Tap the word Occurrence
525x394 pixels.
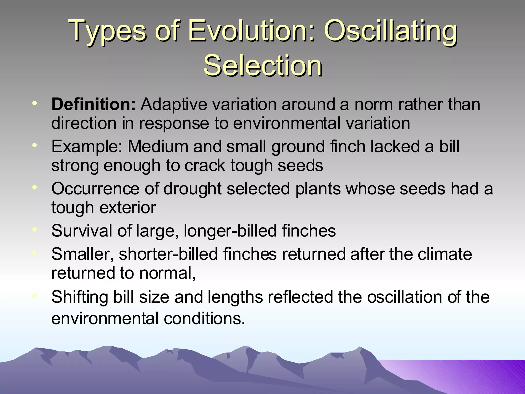pos(95,189)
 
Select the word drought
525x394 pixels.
pos(192,189)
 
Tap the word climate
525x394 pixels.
pos(445,254)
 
